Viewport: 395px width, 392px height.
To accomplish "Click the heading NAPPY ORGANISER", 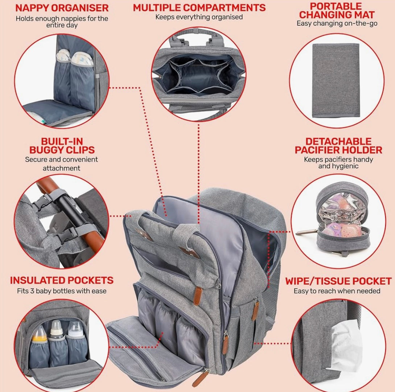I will [62, 8].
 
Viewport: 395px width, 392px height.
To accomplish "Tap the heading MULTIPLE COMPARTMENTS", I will [199, 7].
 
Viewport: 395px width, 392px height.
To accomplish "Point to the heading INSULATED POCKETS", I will [62, 280].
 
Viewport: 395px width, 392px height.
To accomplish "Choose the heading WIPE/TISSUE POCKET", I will [338, 281].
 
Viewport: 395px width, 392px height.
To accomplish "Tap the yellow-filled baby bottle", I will [39, 339].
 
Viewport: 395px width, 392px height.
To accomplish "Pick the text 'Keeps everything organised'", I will [199, 17].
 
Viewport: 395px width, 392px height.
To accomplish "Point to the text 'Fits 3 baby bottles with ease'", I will [62, 291].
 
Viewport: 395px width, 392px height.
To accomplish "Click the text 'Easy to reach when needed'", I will [337, 291].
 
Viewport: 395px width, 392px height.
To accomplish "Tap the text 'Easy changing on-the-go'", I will [337, 24].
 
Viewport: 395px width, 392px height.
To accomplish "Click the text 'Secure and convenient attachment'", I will [61, 164].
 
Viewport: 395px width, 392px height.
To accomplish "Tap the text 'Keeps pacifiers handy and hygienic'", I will [338, 162].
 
